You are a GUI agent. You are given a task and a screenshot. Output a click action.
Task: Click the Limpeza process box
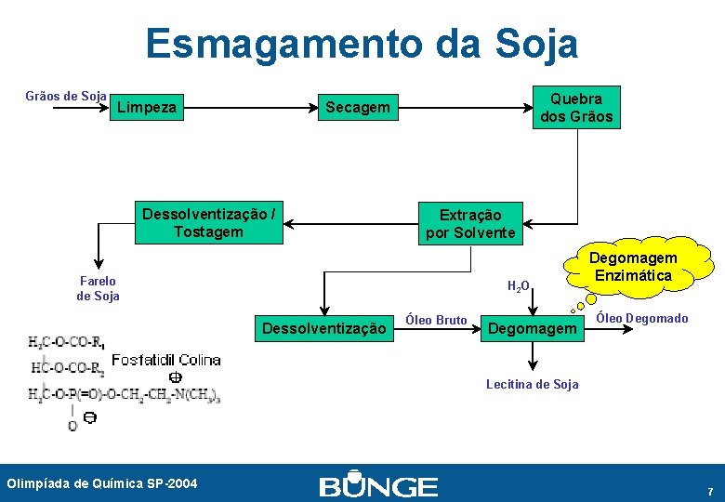pyautogui.click(x=146, y=108)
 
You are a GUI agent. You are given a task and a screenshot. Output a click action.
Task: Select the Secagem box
pyautogui.click(x=357, y=108)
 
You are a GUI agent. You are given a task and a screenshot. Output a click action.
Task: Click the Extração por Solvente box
pyautogui.click(x=470, y=224)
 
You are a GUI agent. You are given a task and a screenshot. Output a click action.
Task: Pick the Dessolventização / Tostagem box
pyautogui.click(x=208, y=223)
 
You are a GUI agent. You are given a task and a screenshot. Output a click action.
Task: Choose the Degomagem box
pyautogui.click(x=533, y=327)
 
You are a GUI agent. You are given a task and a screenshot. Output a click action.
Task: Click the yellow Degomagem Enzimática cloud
pyautogui.click(x=633, y=266)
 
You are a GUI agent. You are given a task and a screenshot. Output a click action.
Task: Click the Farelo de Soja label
pyautogui.click(x=98, y=288)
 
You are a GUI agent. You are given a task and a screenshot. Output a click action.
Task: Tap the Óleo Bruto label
pyautogui.click(x=437, y=320)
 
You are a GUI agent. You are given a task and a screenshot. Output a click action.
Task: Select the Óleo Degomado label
pyautogui.click(x=641, y=319)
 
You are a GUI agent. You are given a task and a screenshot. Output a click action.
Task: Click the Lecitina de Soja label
pyautogui.click(x=533, y=384)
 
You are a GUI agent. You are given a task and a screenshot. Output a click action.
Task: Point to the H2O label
pyautogui.click(x=518, y=285)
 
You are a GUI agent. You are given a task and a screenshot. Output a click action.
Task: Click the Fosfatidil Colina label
pyautogui.click(x=165, y=360)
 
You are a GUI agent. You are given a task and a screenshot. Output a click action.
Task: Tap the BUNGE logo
pyautogui.click(x=378, y=485)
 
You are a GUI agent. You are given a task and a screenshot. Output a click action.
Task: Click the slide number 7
pyautogui.click(x=710, y=491)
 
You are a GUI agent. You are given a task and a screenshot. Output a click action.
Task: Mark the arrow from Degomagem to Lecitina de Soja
pyautogui.click(x=533, y=357)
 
